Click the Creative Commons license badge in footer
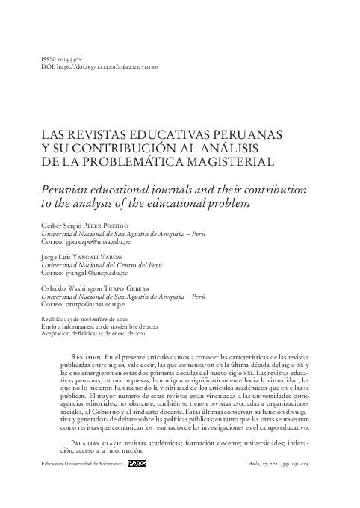(137, 464)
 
